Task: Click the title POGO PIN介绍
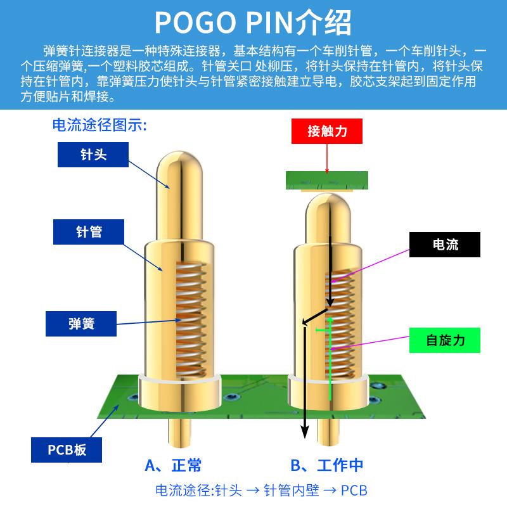point(253,23)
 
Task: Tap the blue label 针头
point(93,154)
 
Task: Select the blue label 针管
point(88,232)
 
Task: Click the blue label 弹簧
point(81,324)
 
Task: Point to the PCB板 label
point(67,450)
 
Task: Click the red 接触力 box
point(327,131)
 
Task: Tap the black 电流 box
point(444,245)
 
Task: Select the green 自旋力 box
point(445,340)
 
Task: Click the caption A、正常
point(174,466)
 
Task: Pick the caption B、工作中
point(327,466)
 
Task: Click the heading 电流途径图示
point(99,125)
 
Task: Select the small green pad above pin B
point(327,180)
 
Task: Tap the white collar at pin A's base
point(179,388)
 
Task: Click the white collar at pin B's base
point(328,388)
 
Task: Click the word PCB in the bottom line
point(354,491)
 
